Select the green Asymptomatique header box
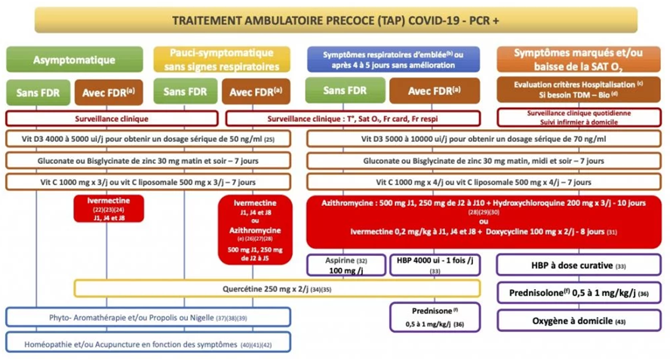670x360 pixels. coord(74,60)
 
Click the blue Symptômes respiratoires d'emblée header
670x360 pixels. coord(395,60)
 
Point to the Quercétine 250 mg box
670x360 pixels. coord(276,288)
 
